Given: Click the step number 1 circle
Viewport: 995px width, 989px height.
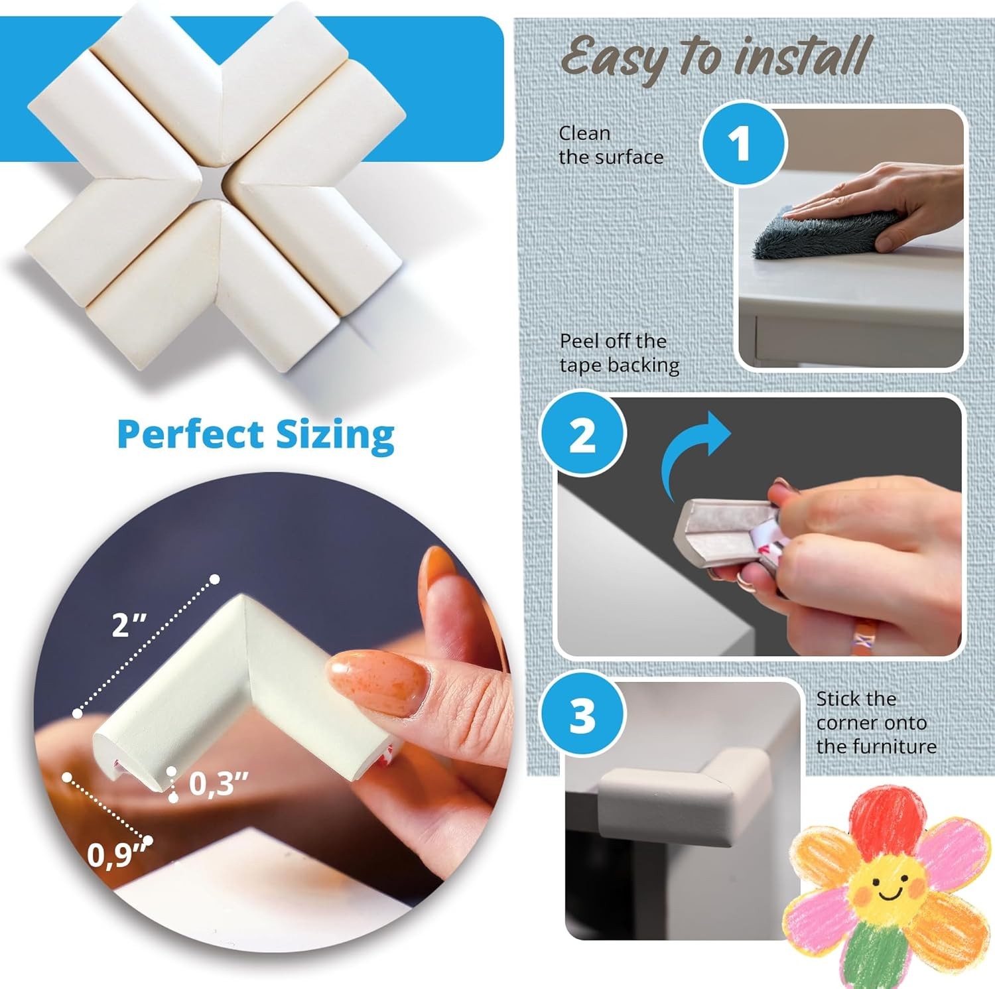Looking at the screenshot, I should (x=743, y=143).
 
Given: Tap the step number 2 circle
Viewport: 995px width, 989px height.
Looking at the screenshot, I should (x=582, y=435).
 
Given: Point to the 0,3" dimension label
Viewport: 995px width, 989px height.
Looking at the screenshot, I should (x=218, y=784).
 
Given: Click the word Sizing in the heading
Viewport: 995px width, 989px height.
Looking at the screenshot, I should (x=335, y=436).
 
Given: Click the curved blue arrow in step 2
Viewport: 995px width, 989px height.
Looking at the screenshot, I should (x=693, y=452).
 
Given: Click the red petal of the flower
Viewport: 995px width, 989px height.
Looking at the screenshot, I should (x=886, y=819).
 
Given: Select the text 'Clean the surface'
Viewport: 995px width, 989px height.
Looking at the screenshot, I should (x=610, y=145).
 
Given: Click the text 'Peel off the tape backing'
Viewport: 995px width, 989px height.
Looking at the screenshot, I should (x=619, y=353).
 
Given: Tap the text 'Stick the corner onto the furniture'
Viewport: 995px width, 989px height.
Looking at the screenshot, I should (x=876, y=722).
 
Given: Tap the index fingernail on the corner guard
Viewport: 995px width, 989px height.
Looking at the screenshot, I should (x=375, y=681).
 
